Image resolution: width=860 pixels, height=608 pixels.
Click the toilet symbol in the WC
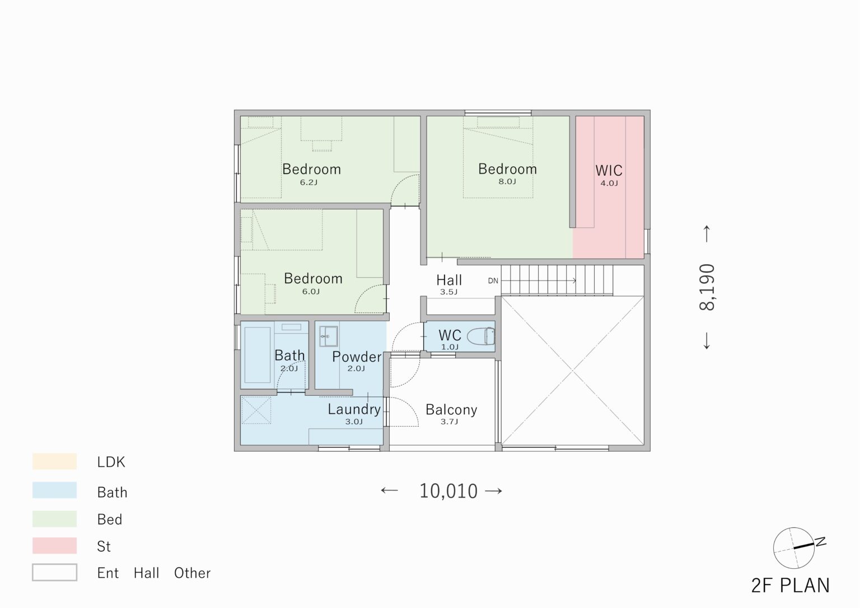click(481, 336)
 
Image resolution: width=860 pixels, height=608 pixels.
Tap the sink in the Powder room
click(329, 336)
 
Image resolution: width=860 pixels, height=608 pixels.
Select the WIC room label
click(609, 170)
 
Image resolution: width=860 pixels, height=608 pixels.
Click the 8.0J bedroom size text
click(507, 181)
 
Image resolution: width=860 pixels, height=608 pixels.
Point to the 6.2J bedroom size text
click(309, 183)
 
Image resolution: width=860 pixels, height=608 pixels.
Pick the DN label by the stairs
click(493, 281)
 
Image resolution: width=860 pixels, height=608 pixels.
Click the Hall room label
click(449, 280)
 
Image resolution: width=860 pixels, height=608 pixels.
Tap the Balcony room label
click(451, 410)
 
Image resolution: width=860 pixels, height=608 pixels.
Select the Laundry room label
click(354, 410)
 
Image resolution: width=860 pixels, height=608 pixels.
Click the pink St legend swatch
click(54, 545)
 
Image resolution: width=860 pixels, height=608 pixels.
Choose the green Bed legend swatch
click(54, 518)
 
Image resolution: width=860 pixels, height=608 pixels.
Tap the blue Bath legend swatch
click(54, 490)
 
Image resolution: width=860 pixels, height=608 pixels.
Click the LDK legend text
click(111, 462)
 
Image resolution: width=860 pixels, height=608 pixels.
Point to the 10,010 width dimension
click(448, 491)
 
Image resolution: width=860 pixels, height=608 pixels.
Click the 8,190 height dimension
click(707, 287)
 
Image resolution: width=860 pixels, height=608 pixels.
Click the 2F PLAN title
click(791, 586)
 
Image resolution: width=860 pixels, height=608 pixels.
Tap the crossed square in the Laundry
click(256, 410)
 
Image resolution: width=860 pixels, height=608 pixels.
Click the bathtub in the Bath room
click(257, 355)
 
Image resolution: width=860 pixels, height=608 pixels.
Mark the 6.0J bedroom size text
click(311, 292)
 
